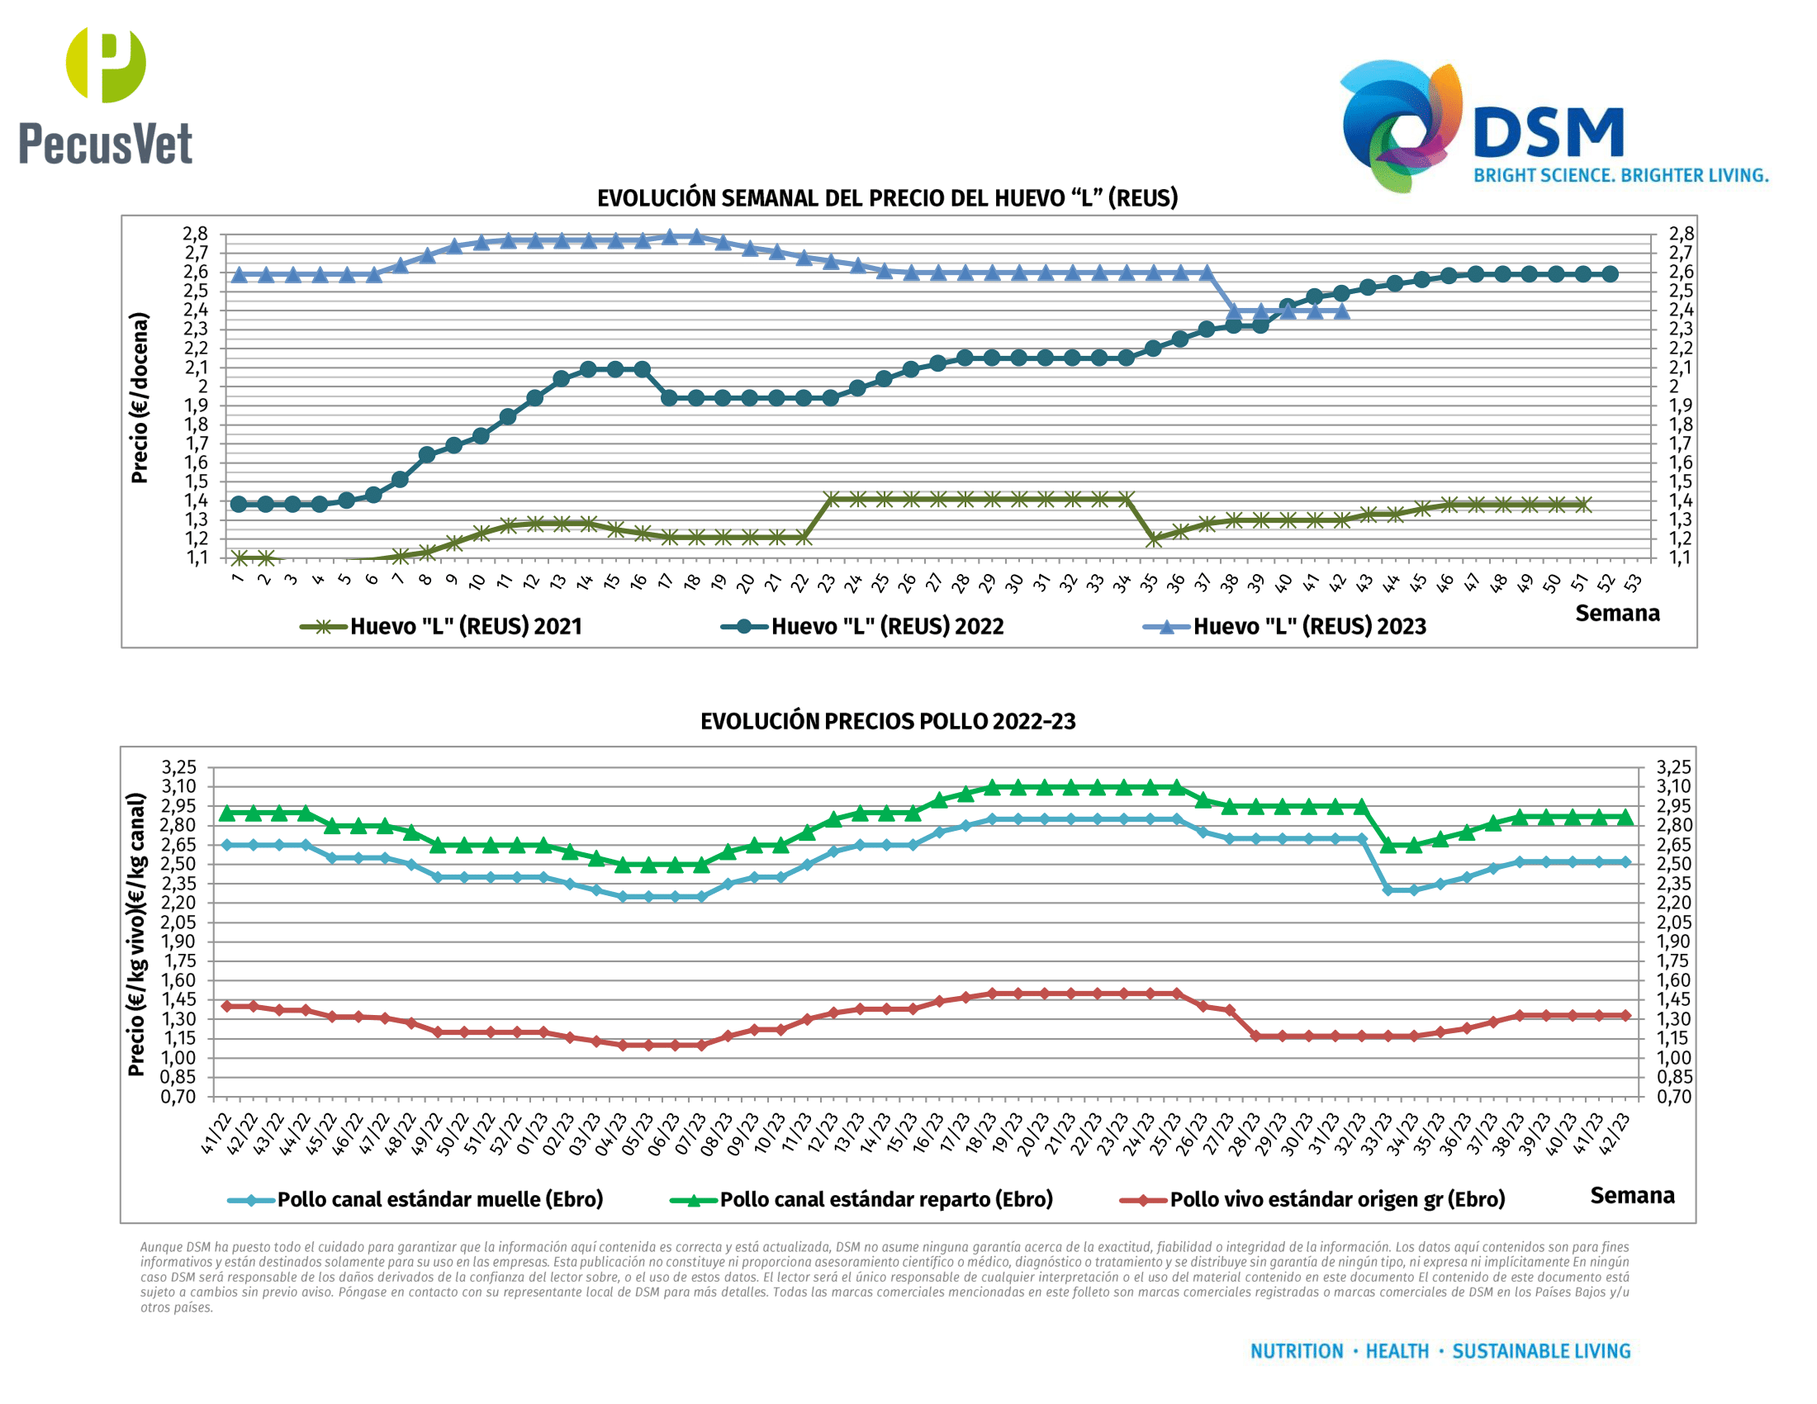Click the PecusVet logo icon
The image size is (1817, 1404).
tap(106, 64)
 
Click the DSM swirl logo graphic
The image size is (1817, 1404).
tap(1400, 125)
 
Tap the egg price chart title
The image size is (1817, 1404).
tap(887, 198)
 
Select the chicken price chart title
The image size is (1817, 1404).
tap(887, 721)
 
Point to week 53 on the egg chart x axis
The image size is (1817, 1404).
tap(1634, 582)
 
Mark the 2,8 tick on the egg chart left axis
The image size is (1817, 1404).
tap(196, 234)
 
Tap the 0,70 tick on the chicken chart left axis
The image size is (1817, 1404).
tap(179, 1097)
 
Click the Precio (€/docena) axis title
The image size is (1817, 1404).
tap(139, 397)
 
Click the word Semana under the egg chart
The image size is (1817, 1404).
tap(1616, 614)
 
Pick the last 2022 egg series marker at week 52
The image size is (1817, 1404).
tap(1610, 273)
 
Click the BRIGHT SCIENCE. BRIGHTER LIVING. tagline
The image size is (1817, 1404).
tap(1620, 175)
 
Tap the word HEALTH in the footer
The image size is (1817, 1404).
tap(1397, 1352)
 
